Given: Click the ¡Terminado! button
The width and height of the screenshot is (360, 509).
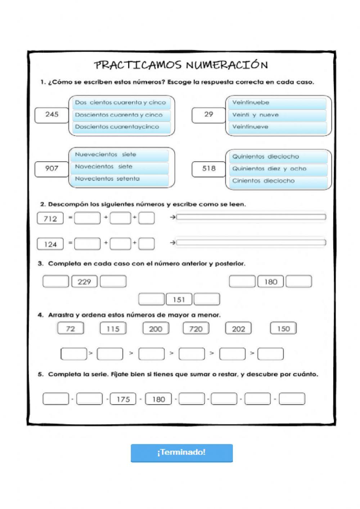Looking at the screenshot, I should click(x=181, y=452).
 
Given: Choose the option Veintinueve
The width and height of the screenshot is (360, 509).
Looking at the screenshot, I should click(x=277, y=127).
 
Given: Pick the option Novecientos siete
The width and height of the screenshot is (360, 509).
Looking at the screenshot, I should click(x=120, y=167).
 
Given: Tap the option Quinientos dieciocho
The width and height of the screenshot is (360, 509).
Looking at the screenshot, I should click(x=278, y=157).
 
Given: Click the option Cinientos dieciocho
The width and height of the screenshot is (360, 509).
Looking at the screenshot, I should click(x=278, y=181).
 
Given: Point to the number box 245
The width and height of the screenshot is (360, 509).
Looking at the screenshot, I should click(x=52, y=115).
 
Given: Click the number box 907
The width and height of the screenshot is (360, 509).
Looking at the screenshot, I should click(x=52, y=168).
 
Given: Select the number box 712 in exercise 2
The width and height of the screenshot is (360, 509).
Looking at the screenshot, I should click(x=50, y=218).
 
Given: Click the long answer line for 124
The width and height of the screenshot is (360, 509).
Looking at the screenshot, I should click(x=251, y=243).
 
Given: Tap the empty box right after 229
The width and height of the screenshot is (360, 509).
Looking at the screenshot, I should click(x=113, y=282).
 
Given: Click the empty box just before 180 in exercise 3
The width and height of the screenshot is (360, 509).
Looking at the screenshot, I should click(x=242, y=282).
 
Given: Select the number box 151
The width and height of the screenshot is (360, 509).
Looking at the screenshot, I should click(x=179, y=299).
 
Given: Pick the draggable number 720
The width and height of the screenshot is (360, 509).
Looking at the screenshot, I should click(x=196, y=329).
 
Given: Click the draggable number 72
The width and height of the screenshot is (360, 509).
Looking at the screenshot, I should click(x=71, y=329).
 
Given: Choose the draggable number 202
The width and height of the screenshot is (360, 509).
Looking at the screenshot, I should click(x=238, y=329).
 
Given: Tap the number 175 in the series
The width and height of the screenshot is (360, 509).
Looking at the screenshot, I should click(x=123, y=399).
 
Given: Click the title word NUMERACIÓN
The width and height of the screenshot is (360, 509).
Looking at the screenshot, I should click(x=227, y=65).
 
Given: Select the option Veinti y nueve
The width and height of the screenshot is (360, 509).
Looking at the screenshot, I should click(x=277, y=115).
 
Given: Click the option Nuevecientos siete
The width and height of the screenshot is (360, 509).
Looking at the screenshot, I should click(x=120, y=155).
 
